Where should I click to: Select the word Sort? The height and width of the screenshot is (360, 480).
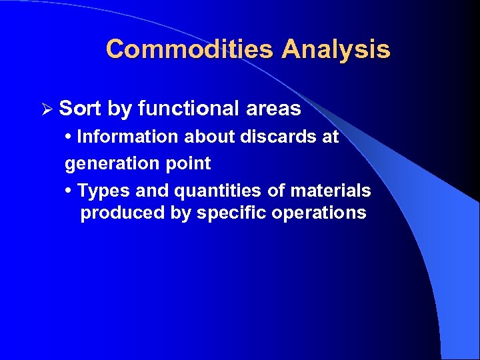79,108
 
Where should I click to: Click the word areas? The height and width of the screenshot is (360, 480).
273,108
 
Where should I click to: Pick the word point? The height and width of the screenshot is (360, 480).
189,163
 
